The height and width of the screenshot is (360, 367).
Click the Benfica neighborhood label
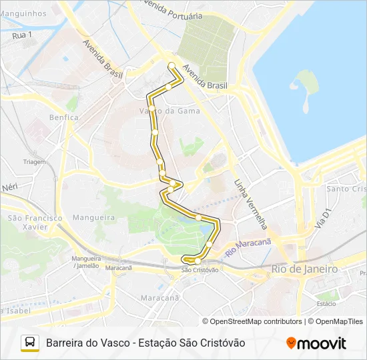tap(63, 117)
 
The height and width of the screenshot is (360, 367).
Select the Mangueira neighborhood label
tap(93, 217)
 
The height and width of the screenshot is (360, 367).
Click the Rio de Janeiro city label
tap(305, 269)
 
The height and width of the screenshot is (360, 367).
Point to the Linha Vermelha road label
tap(251, 204)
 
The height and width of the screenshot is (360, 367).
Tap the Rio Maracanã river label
tap(248, 248)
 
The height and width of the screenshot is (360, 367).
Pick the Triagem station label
tap(35, 162)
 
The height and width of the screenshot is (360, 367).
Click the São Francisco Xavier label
tap(35, 222)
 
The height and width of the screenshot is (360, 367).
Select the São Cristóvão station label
tap(200, 270)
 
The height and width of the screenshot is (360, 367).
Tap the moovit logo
tap(316, 343)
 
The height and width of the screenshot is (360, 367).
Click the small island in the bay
tap(304, 89)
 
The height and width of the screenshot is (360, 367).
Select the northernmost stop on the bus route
tap(171, 65)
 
